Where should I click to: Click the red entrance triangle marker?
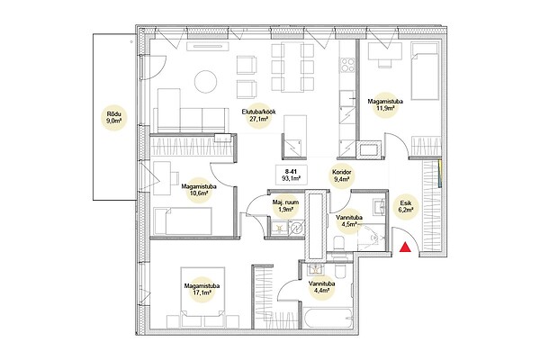pyautogui.click(x=405, y=247)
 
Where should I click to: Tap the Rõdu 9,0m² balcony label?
pyautogui.click(x=114, y=117)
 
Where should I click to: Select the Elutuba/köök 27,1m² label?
pyautogui.click(x=258, y=115)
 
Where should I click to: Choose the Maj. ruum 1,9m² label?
pyautogui.click(x=285, y=205)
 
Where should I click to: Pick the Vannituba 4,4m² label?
pyautogui.click(x=322, y=287)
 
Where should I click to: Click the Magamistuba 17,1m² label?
pyautogui.click(x=202, y=290)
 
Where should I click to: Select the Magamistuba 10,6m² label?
pyautogui.click(x=199, y=190)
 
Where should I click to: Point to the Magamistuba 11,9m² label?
pyautogui.click(x=385, y=104)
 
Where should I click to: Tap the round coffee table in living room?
pyautogui.click(x=205, y=81)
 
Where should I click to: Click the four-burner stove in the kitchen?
pyautogui.click(x=347, y=65)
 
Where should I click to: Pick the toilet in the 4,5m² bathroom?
pyautogui.click(x=338, y=243)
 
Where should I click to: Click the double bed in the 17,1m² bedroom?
pyautogui.click(x=202, y=297)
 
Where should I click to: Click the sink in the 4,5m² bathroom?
pyautogui.click(x=378, y=207)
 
